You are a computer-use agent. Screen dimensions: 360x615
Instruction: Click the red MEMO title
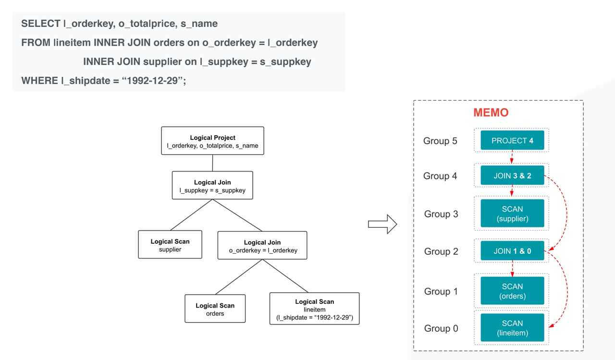pos(491,113)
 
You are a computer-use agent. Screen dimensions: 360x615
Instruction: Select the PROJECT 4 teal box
pos(512,140)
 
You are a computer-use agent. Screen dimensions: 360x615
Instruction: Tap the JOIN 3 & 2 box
pos(512,176)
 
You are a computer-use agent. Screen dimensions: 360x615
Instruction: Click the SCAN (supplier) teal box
pos(512,214)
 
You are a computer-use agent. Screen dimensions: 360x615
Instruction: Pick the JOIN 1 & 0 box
pos(512,251)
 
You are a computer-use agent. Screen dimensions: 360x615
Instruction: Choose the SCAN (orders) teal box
pos(512,291)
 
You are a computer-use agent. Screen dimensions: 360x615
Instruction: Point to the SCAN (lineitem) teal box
pos(512,328)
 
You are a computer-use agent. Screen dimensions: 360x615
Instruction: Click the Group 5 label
pos(440,141)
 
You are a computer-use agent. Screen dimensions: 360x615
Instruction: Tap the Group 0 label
pos(441,328)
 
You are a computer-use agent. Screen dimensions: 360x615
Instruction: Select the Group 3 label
pos(441,214)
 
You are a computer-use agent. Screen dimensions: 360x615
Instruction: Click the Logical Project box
pos(212,141)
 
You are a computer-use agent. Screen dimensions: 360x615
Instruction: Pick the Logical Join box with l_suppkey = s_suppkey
pos(212,186)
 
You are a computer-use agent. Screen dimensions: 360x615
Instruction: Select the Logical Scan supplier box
pos(170,245)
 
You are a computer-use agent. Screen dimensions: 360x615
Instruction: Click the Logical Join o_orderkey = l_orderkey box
pos(262,246)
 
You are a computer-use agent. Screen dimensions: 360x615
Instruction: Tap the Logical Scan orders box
pos(215,309)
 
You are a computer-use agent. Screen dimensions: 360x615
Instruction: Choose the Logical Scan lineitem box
pos(314,309)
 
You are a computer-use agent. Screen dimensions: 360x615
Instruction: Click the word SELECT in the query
pos(40,24)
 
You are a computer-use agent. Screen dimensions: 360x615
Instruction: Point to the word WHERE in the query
pos(39,80)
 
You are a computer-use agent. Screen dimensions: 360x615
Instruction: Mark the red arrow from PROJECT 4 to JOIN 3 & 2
pos(512,157)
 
